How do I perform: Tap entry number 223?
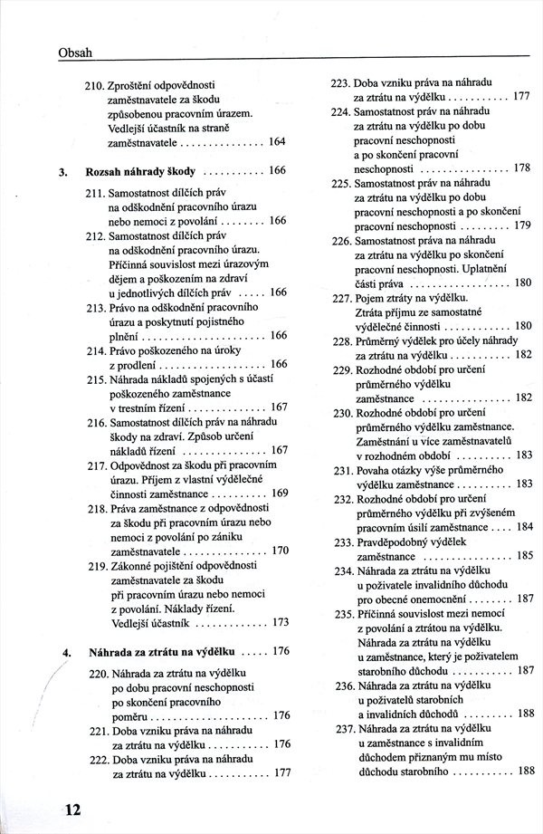(x=341, y=82)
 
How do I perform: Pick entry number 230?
(x=342, y=412)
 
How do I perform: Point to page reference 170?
(x=280, y=550)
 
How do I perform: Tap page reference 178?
(x=522, y=168)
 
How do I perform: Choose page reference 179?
(x=522, y=225)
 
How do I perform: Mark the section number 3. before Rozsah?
(x=63, y=170)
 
